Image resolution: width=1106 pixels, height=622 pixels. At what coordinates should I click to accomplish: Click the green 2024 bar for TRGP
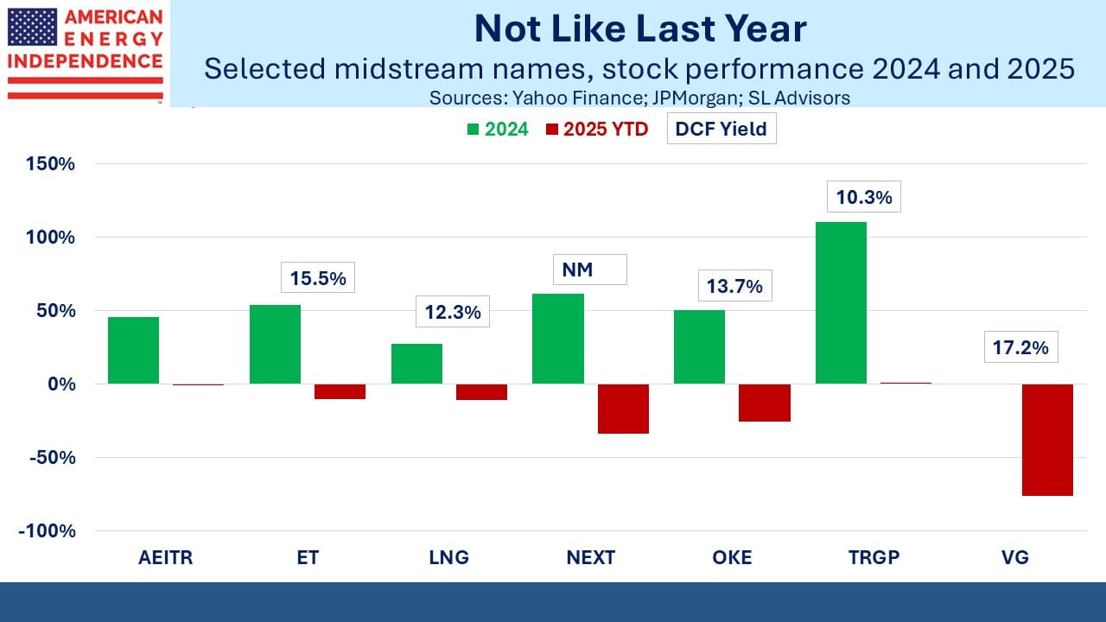click(841, 302)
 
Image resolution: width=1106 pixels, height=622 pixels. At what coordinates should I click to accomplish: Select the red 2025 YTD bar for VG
click(1047, 440)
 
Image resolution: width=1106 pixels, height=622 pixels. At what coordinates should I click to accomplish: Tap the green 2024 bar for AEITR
click(133, 350)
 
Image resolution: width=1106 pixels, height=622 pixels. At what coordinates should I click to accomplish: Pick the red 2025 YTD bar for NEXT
click(623, 409)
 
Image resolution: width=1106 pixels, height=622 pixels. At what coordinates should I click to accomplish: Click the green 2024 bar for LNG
click(416, 364)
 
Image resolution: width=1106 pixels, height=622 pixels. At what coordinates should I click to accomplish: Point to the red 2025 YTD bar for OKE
click(765, 403)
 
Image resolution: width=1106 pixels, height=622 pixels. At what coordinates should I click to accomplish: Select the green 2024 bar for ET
click(275, 344)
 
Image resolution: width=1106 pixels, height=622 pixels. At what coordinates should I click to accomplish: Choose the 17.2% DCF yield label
click(1020, 347)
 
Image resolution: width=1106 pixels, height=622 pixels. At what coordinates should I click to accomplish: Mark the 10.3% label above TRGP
click(864, 197)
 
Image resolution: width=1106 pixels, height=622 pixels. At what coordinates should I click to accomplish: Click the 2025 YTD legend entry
click(596, 130)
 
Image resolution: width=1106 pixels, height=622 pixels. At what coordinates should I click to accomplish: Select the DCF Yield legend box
click(721, 130)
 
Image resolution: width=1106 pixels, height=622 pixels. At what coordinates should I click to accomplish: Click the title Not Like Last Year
click(639, 29)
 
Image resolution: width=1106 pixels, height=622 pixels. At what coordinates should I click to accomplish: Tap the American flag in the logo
click(32, 28)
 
